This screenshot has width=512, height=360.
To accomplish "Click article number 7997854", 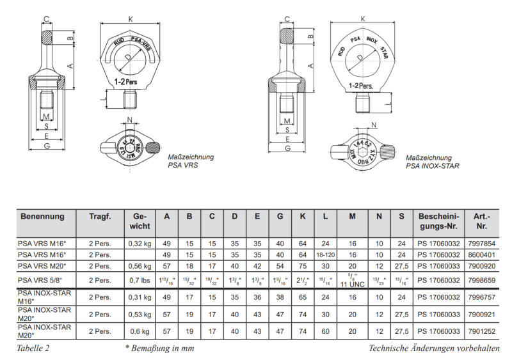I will (x=482, y=243).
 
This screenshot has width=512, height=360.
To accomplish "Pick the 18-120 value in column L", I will (x=325, y=254).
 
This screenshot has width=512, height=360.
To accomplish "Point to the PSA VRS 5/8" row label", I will (x=40, y=280).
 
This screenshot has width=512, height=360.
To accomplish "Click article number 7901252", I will (x=482, y=331).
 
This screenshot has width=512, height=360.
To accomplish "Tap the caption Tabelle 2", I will (x=33, y=348).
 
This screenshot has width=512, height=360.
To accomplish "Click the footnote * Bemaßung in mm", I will (x=159, y=348).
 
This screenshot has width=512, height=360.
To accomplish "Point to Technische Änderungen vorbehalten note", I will (x=433, y=348).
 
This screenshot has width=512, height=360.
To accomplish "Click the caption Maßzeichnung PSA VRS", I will (x=191, y=160).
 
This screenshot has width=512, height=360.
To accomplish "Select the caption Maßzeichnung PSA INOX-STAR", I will (x=432, y=161).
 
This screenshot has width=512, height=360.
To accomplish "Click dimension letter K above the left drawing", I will (x=131, y=20).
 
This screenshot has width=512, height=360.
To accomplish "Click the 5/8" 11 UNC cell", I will (x=352, y=280).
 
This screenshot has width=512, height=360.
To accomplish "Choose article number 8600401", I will (x=482, y=254).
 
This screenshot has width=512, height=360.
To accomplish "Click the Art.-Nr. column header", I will (x=482, y=221).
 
